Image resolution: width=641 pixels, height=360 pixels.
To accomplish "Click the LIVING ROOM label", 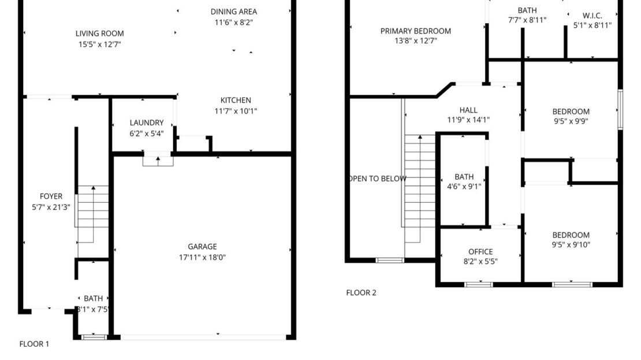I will pyautogui.click(x=99, y=34).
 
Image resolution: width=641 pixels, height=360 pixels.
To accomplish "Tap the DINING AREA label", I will pyautogui.click(x=233, y=12).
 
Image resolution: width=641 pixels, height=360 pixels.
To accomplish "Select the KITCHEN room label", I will pyautogui.click(x=236, y=100).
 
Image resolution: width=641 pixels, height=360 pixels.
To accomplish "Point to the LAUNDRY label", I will pyautogui.click(x=147, y=123).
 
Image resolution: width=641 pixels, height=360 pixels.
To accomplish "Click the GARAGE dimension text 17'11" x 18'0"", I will pyautogui.click(x=202, y=257).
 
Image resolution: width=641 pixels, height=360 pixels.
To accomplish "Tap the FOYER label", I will pyautogui.click(x=51, y=196).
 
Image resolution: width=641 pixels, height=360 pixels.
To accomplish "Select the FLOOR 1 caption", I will pyautogui.click(x=34, y=344).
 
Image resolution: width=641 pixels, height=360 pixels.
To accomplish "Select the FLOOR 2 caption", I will pyautogui.click(x=361, y=292).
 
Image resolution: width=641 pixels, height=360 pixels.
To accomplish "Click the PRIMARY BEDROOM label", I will pyautogui.click(x=415, y=31).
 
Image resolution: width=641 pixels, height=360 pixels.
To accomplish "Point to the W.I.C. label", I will pyautogui.click(x=592, y=16).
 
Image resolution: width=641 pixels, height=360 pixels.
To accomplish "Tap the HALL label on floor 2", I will pyautogui.click(x=468, y=110).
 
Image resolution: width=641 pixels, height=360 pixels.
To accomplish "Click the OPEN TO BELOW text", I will pyautogui.click(x=377, y=179).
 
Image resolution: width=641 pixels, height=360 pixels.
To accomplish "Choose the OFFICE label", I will pyautogui.click(x=480, y=251).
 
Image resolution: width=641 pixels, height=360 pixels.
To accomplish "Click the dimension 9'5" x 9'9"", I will pyautogui.click(x=571, y=121).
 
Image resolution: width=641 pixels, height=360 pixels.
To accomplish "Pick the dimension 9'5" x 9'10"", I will pyautogui.click(x=571, y=244).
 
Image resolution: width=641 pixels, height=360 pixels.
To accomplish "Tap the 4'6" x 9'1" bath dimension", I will pyautogui.click(x=464, y=186).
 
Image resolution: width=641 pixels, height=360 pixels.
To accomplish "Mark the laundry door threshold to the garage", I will pyautogui.click(x=158, y=160).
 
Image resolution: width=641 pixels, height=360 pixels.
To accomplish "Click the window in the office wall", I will pyautogui.click(x=479, y=284).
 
